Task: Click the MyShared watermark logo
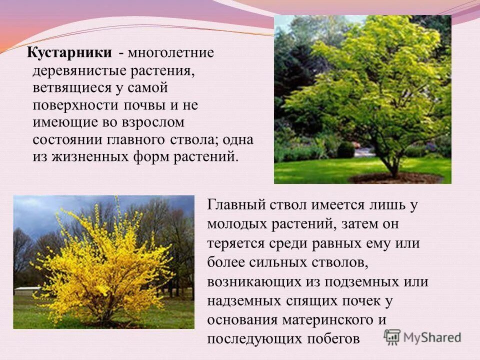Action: (x=422, y=336)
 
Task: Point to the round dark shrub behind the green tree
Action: (x=345, y=149)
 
